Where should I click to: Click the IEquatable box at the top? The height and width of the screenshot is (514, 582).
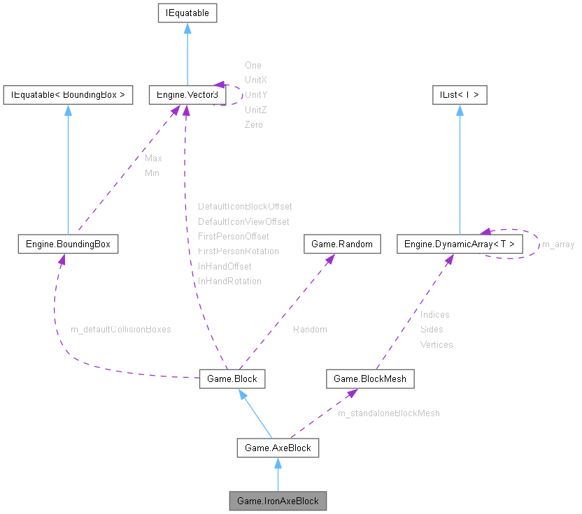point(187,13)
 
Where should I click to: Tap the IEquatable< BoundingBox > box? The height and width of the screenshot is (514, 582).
point(68,94)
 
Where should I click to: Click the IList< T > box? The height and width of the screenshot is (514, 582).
point(460,94)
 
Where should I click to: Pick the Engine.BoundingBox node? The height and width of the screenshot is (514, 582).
point(68,244)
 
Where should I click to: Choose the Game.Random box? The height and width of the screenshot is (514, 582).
point(342,244)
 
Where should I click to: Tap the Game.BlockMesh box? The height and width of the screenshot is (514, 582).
point(370,379)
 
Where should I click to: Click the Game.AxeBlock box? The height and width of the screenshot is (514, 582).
point(278,448)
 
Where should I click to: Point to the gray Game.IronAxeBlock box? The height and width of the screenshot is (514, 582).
point(278,501)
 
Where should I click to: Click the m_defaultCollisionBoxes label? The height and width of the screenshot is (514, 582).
point(121,329)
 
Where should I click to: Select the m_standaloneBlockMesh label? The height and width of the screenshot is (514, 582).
point(389,413)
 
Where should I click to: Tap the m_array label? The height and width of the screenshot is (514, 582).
point(558,244)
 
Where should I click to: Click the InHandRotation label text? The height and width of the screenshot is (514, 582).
point(229,281)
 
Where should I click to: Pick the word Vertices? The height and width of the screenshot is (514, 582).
point(436,344)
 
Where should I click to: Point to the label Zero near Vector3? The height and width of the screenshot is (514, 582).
point(254,125)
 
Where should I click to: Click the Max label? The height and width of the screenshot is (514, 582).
point(153,159)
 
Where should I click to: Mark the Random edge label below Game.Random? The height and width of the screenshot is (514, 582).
point(310,329)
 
